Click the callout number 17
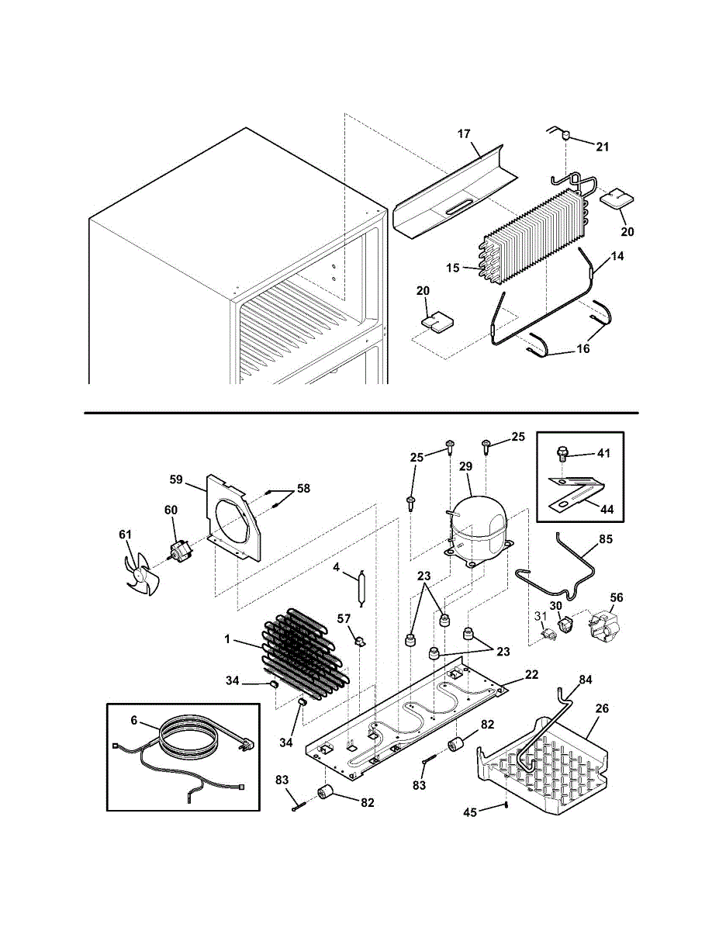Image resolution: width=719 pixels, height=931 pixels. click(x=464, y=134)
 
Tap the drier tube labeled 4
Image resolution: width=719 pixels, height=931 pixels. click(x=361, y=588)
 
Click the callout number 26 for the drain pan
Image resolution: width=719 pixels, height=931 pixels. click(x=602, y=708)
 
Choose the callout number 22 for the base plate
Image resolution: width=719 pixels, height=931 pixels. click(x=531, y=675)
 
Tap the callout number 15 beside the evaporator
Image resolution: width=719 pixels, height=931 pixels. click(x=454, y=268)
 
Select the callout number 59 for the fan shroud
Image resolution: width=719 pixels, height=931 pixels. click(x=176, y=479)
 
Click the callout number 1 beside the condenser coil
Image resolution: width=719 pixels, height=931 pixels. click(x=227, y=639)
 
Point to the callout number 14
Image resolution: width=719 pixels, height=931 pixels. click(x=617, y=254)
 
